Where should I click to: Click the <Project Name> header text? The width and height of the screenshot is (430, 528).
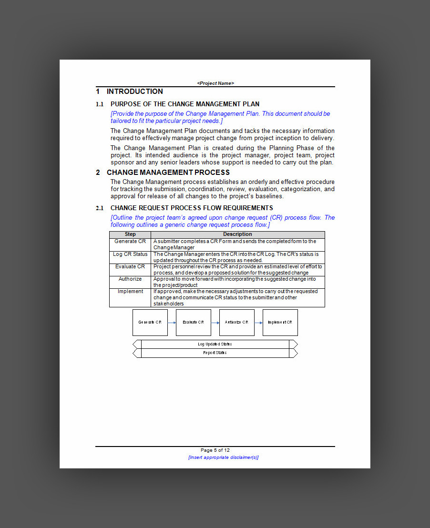[215, 83]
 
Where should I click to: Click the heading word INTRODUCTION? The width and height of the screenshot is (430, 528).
[134, 91]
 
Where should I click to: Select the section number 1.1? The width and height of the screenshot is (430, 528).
[100, 104]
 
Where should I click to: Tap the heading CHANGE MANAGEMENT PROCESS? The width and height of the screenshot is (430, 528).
[168, 173]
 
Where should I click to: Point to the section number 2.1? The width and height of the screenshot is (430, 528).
[100, 208]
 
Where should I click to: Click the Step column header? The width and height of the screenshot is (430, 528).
[130, 234]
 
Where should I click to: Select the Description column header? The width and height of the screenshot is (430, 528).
[237, 234]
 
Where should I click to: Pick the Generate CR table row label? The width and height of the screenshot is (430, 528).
[130, 242]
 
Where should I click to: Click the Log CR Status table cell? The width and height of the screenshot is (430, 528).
[130, 254]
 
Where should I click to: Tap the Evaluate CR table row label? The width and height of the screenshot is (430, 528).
[130, 267]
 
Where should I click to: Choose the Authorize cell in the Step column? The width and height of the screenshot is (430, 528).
[130, 279]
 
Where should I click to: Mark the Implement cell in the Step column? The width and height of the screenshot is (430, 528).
[130, 292]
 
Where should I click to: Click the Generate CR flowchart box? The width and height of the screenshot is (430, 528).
[150, 323]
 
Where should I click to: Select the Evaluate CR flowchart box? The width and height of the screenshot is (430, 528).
[194, 323]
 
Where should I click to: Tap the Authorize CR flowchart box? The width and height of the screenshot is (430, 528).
[237, 323]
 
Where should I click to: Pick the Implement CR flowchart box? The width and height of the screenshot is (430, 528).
[280, 323]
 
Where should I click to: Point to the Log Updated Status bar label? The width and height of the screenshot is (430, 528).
[215, 344]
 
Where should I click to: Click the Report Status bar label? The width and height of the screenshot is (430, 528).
[215, 353]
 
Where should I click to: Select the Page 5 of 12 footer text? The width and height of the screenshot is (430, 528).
[215, 450]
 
